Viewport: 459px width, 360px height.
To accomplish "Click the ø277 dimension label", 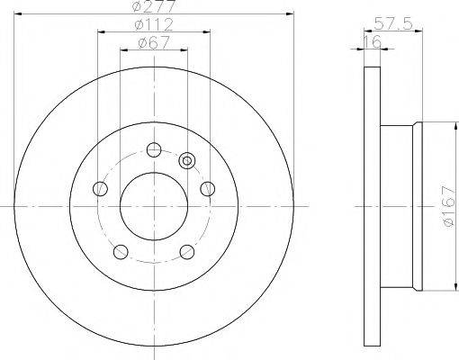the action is (153, 6).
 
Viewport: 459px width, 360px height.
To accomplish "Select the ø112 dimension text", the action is (154, 24).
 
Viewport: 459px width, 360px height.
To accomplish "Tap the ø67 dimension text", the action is (154, 42).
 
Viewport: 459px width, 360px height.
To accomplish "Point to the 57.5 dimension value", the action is (393, 23).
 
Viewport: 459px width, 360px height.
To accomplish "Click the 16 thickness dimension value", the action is (372, 41).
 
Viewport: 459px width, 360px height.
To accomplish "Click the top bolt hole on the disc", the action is (154, 149).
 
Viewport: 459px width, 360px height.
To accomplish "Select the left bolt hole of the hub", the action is (100, 189).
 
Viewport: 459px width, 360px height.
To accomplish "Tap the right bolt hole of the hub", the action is (208, 189).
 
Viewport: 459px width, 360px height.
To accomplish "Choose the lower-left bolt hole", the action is (121, 252).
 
